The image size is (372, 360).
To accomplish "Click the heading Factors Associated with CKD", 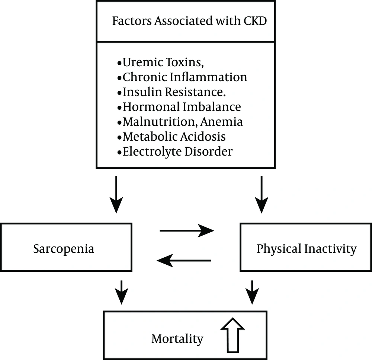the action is coord(189,20).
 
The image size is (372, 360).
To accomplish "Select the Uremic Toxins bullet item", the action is coord(161,62).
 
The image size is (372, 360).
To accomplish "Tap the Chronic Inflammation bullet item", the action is coord(182,77).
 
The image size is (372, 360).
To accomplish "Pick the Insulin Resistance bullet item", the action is coord(171,92).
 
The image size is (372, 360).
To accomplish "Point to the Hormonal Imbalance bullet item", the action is coord(179,107).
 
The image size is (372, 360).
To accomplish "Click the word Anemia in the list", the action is coord(221,122).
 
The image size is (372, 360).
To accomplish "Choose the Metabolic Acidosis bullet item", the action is coord(171,137).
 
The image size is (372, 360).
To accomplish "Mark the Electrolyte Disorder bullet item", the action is coord(175,152).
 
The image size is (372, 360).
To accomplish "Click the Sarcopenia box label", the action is coord(64,249).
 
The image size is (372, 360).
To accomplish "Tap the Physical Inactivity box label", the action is coord(307,249).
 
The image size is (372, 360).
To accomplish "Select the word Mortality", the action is coord(177,339).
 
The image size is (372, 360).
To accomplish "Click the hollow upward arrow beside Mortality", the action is coord(232,335).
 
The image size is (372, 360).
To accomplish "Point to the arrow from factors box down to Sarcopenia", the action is coord(116,194).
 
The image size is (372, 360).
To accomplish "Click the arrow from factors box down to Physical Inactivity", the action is coord(262,194).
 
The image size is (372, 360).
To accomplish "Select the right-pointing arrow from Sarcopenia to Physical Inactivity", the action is coord(187,230).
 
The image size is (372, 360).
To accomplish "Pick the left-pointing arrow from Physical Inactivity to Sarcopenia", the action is coord(184,261).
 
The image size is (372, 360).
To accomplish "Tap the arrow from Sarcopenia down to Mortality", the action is coord(122,292).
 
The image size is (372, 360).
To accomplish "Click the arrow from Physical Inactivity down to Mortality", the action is coord(252,292).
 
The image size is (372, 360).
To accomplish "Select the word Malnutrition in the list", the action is coord(160,122).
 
